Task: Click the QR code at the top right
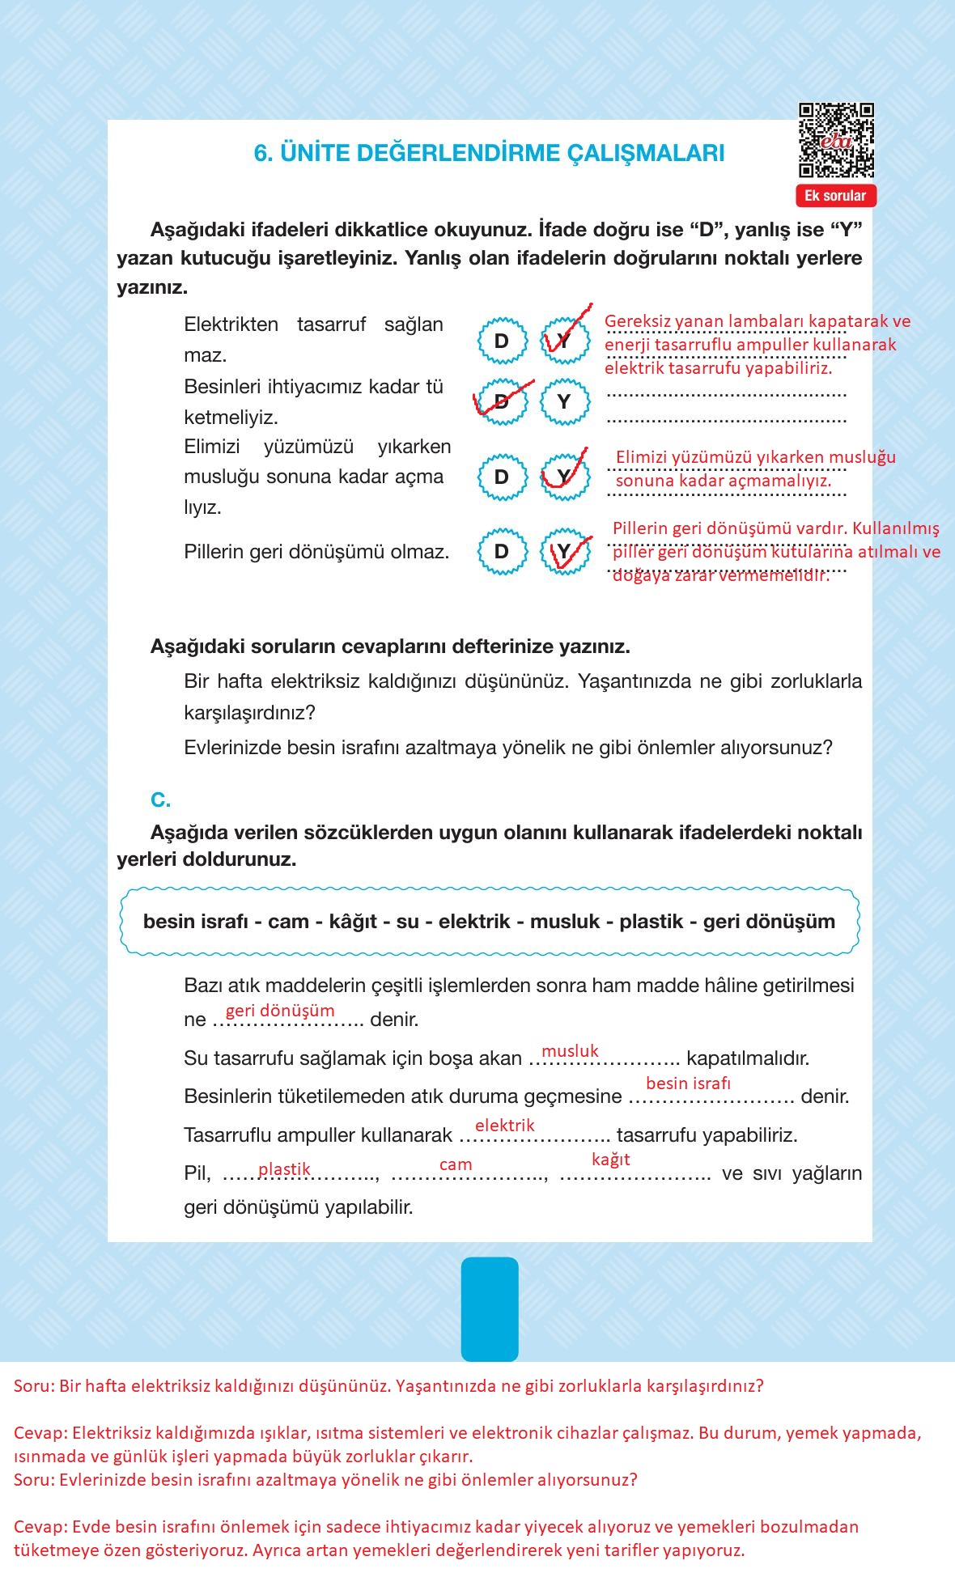coord(836,141)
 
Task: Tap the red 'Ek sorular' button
coord(835,196)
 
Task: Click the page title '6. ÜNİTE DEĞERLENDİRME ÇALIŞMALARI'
coord(489,153)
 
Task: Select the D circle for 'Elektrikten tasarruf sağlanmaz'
coord(502,341)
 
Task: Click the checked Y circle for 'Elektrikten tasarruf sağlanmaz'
coord(564,341)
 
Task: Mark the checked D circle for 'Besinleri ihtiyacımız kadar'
coord(502,401)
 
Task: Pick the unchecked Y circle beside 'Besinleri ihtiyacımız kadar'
coord(564,401)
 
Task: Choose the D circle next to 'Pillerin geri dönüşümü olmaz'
coord(502,552)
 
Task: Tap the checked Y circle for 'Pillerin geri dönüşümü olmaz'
coord(564,552)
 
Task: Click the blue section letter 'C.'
coord(160,800)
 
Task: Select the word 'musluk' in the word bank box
coord(565,922)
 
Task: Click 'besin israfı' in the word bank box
coord(195,922)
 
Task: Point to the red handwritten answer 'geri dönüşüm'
coord(279,1011)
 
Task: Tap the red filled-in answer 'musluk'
coord(570,1051)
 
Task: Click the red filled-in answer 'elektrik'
coord(504,1126)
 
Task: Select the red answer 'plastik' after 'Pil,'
coord(284,1169)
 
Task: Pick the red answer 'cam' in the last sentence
coord(455,1164)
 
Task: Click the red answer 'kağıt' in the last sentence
coord(610,1160)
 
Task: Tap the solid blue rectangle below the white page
coord(489,1308)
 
